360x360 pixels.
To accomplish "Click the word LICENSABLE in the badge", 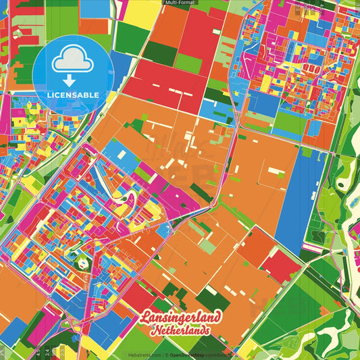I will pyautogui.click(x=74, y=95).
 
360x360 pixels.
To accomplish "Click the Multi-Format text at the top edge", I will pyautogui.click(x=180, y=3).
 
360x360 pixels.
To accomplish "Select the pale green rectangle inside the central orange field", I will pyautogui.click(x=208, y=247).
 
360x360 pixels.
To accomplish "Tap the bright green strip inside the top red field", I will pyautogui.click(x=189, y=64).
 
